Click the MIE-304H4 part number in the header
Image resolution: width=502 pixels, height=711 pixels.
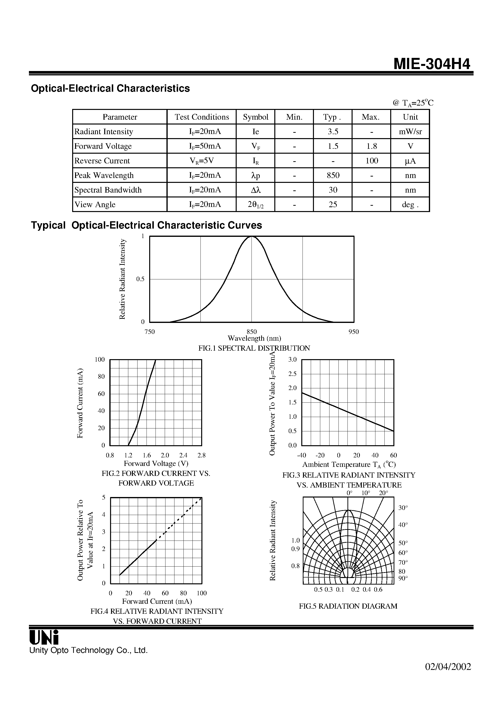coord(432,64)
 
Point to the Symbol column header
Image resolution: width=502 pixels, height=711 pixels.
coord(255,117)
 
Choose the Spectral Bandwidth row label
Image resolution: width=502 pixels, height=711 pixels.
coord(108,190)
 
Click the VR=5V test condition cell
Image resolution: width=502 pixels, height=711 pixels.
coord(201,161)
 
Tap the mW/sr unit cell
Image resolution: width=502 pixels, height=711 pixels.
coord(410,132)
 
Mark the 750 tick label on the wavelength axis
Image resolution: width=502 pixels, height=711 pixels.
coord(149,332)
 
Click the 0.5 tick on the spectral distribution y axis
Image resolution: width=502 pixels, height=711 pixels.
coord(140,279)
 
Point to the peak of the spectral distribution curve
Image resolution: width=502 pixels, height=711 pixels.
coord(252,237)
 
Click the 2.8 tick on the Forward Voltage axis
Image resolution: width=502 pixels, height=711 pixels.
coord(201,455)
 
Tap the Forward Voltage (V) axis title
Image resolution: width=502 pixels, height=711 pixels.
coord(156,463)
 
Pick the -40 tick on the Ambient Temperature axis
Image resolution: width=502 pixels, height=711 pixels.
coord(302,455)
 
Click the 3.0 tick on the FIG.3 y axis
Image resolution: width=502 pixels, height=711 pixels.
coord(293,360)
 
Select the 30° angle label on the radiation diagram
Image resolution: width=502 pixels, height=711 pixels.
coord(403,508)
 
